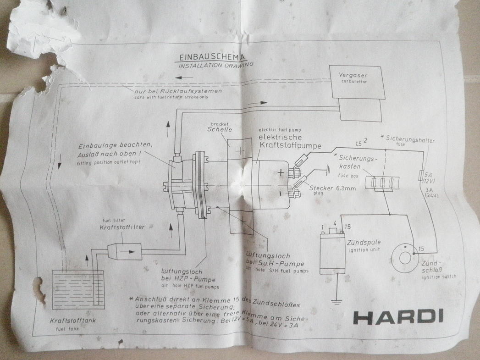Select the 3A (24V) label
(430, 192)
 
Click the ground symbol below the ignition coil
(337, 302)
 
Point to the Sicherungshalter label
(409, 140)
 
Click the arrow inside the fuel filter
(131, 251)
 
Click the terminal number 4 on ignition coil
(335, 224)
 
